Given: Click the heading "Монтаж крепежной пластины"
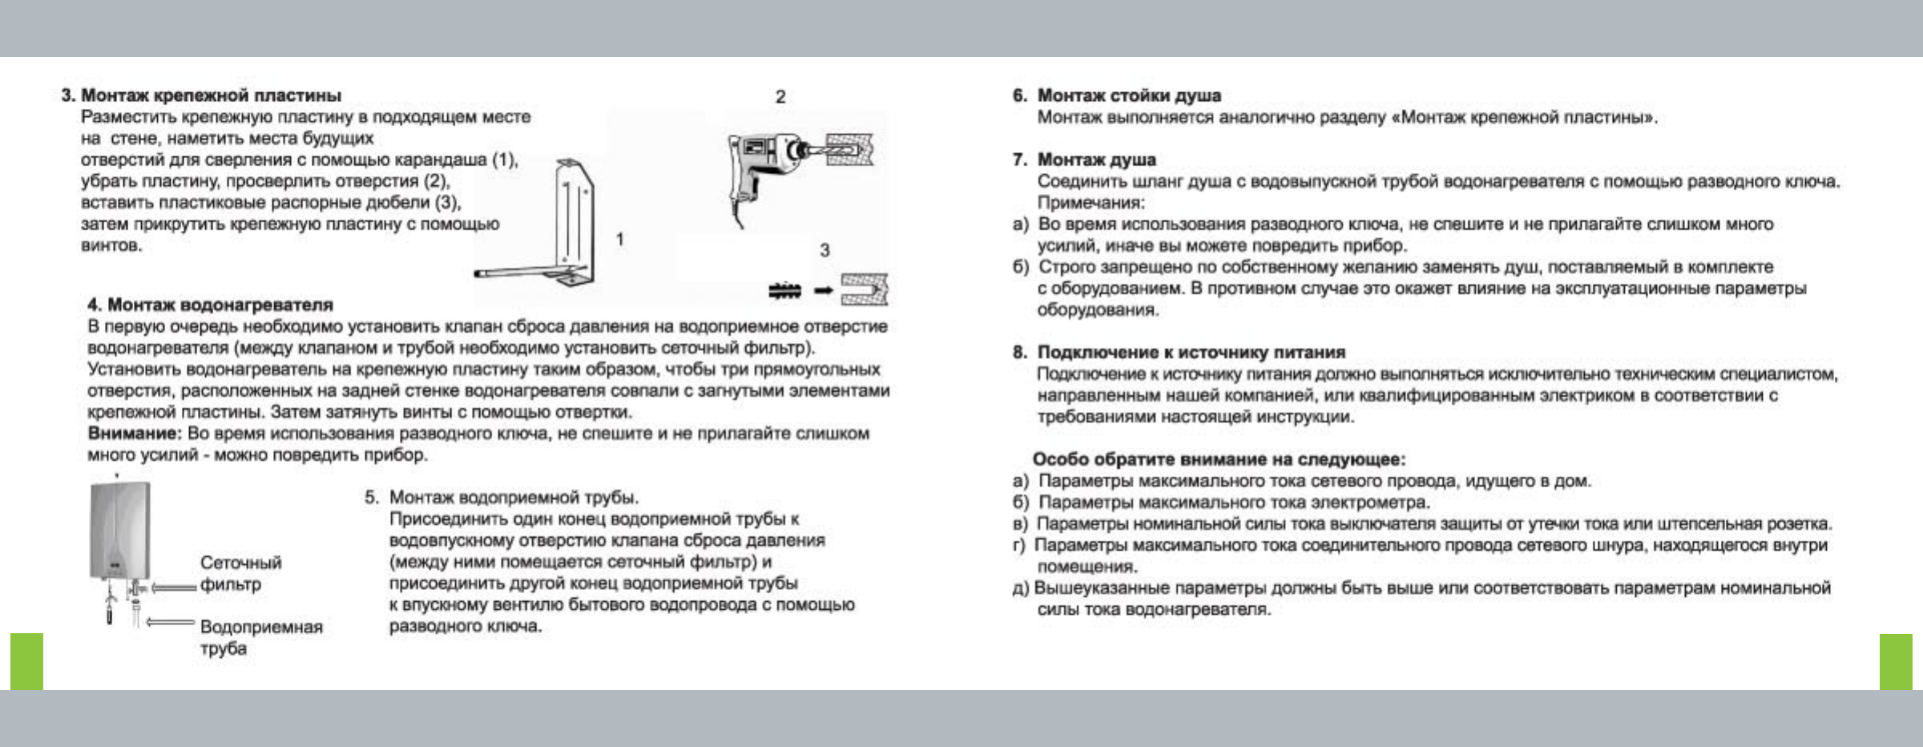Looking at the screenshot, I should point(211,95).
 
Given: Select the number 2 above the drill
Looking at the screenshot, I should point(780,97).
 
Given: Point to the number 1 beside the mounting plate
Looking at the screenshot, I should point(619,239).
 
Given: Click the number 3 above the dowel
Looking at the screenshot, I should point(824,250).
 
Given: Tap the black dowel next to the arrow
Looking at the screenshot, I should point(785,290).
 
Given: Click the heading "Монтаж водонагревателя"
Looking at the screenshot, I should point(220,305).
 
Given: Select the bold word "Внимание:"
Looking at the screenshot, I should point(135,434).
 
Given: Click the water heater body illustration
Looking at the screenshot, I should point(120,529).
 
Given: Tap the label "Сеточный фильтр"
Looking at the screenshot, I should point(240,573).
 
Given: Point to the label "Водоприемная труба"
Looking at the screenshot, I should point(260,637).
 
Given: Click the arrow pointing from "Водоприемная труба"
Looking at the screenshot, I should point(171,622).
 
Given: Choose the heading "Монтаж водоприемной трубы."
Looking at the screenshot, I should point(513,498).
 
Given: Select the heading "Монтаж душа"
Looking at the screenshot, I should point(1096,159).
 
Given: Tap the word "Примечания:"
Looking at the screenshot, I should point(1091,203).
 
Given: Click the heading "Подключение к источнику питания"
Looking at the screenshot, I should point(1191,352).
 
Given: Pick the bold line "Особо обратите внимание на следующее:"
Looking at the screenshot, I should point(1219,459).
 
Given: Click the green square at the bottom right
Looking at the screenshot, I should point(1896,661).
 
